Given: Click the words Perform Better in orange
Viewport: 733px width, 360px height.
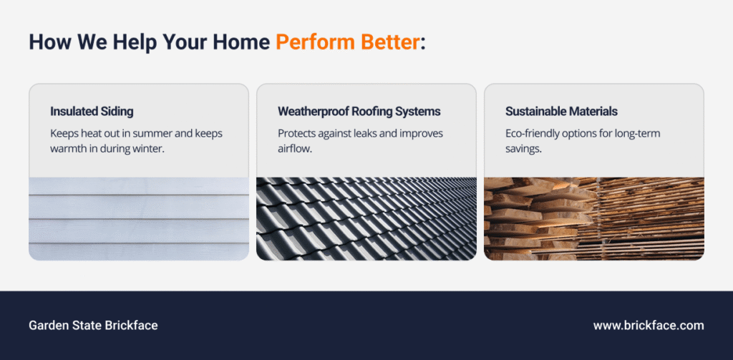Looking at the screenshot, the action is pos(347,42).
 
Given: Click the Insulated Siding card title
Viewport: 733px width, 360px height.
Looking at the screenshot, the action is pos(92,112).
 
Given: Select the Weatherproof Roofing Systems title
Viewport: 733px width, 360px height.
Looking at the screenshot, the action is pos(359,112).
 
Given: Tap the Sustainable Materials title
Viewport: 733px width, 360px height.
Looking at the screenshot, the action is pos(561,112).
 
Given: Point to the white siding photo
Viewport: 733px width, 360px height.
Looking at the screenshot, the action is pos(139,219).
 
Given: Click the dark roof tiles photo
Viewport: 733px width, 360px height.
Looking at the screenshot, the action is pos(366,219).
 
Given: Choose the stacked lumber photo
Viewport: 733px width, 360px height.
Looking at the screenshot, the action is pos(593,219).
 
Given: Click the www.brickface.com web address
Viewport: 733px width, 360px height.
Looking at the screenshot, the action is pos(649,326).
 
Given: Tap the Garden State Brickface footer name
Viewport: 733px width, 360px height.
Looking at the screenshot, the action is pos(94,326).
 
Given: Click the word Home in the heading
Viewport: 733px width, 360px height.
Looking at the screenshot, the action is pos(241,42).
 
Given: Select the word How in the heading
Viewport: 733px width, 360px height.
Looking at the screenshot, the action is pos(45,42).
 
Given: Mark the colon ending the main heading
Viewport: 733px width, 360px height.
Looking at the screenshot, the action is pos(422,44).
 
